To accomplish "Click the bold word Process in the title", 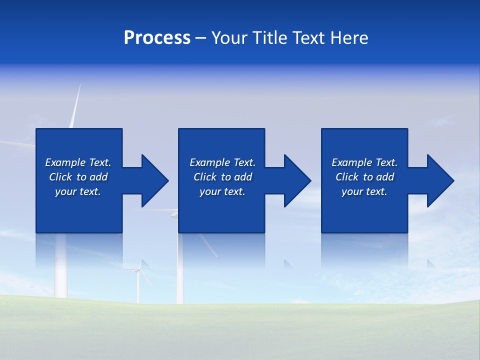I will (157, 38).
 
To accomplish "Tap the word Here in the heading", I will (349, 38).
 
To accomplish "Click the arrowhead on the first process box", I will (153, 180).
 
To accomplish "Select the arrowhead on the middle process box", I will (295, 180).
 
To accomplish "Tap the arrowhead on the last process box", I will (438, 180).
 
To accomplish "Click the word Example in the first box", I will (65, 162).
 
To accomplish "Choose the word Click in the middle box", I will (205, 177).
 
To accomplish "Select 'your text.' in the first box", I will (78, 191).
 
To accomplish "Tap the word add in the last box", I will (385, 177).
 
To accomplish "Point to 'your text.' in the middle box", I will (222, 191).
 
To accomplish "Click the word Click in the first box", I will (60, 177).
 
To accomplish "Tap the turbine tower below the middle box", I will (180, 270).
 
